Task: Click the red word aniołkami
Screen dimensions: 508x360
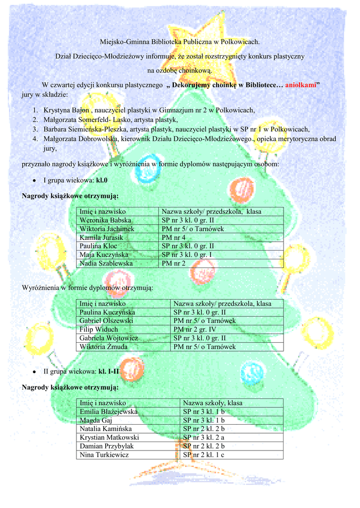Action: click(x=301, y=85)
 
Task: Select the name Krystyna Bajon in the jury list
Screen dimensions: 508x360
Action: click(x=67, y=111)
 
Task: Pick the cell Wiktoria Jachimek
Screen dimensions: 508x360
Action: click(x=107, y=229)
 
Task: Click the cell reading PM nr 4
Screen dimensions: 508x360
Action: click(x=173, y=238)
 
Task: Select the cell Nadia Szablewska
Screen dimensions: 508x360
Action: click(x=106, y=263)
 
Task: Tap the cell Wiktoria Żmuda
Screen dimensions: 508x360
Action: click(x=104, y=347)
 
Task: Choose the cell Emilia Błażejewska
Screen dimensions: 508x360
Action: click(x=109, y=412)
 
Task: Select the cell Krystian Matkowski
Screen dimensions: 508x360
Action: click(x=109, y=438)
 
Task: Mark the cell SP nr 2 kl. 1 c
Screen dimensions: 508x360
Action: click(x=204, y=455)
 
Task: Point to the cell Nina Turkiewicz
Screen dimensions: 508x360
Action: click(x=104, y=455)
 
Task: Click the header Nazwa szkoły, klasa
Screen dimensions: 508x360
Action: click(x=213, y=403)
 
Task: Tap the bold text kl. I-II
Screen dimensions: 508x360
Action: click(x=109, y=371)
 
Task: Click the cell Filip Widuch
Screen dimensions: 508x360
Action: click(x=99, y=329)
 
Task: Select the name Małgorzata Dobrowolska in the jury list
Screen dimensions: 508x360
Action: click(x=79, y=139)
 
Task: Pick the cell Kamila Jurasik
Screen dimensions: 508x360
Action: click(x=101, y=238)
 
